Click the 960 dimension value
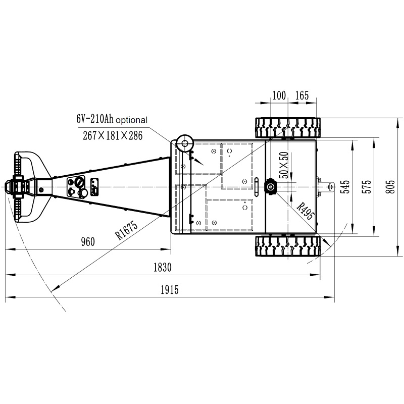87,242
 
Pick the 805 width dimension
389,187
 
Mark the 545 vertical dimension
345,187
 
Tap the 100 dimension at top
279,95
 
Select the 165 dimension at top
301,95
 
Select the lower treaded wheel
287,246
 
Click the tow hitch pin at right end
329,187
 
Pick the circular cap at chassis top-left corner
185,143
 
